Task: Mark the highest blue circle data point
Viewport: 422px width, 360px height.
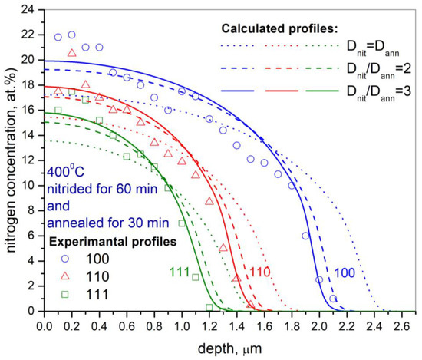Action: pos(72,35)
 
